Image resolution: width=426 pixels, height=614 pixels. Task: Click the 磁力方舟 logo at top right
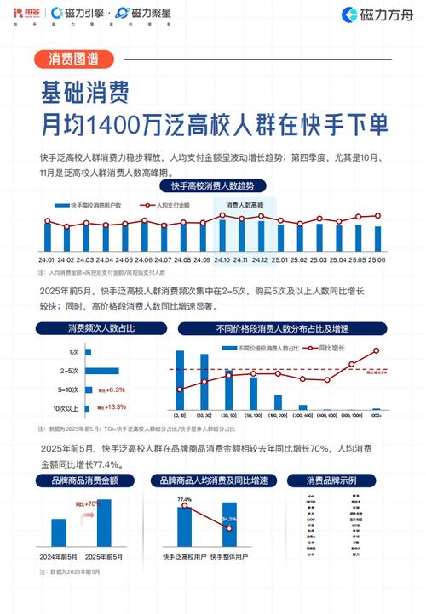click(x=374, y=14)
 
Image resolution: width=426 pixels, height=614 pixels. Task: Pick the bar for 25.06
click(x=377, y=238)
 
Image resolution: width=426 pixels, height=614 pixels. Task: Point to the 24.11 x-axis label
click(x=241, y=259)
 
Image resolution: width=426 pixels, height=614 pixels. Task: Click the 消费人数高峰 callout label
click(x=245, y=206)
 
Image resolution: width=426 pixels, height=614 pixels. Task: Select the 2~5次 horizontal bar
click(x=101, y=371)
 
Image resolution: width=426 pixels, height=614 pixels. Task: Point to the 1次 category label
click(x=74, y=352)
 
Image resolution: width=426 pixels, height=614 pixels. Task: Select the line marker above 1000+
click(x=376, y=350)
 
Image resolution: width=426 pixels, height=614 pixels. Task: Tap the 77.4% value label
click(x=184, y=499)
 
